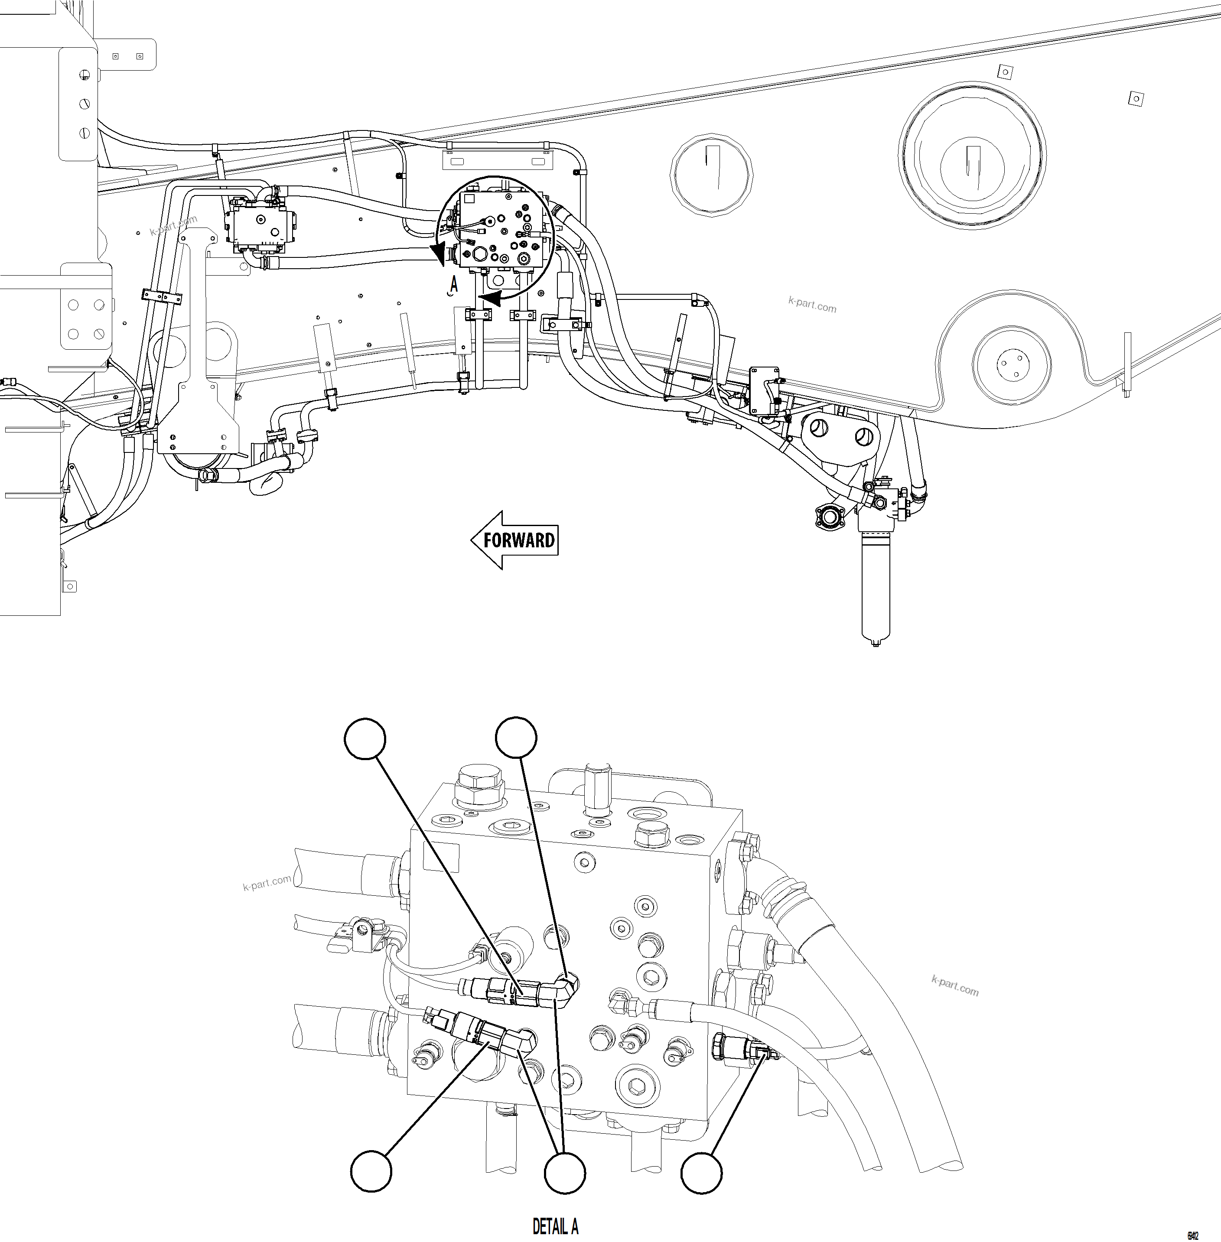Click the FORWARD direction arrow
point(514,540)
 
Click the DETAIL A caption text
point(555,1226)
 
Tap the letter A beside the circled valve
point(454,283)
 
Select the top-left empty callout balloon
point(365,739)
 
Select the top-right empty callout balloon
point(517,738)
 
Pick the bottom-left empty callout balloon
point(371,1171)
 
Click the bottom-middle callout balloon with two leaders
point(564,1173)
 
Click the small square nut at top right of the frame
point(1136,99)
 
